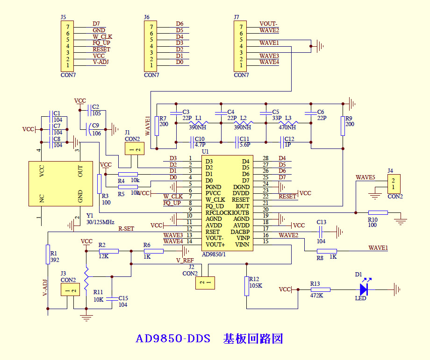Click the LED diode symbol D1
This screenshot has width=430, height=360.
pos(363,289)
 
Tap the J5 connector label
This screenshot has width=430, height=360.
pos(63,17)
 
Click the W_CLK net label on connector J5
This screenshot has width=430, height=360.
pos(102,36)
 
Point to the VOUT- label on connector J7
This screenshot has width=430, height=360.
pos(268,24)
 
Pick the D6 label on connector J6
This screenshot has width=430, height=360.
pos(179,24)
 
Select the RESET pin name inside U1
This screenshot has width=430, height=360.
pos(240,200)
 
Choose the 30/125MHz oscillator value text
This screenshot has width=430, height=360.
pos(100,222)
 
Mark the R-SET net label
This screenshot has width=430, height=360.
pos(126,229)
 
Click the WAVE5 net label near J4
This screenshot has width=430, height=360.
pos(365,177)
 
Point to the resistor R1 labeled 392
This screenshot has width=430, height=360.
pos(47,254)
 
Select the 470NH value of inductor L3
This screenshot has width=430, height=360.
pos(287,127)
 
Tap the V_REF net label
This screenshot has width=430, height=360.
pos(185,260)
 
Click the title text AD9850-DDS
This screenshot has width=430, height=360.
pos(173,338)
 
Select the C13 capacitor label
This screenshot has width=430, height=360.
pos(321,222)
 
